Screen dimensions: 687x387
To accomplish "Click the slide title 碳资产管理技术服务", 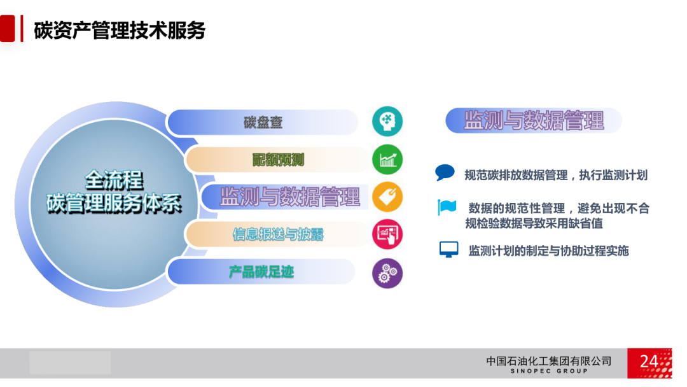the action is (120, 30).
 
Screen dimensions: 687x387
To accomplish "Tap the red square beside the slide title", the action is (7, 29).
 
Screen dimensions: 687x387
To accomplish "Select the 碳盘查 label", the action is (263, 122).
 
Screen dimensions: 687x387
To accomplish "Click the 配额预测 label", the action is (278, 160).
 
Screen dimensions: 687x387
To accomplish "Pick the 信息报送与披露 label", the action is (278, 234).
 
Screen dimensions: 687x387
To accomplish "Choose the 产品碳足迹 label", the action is (261, 272).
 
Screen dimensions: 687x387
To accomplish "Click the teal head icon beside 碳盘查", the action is (387, 122).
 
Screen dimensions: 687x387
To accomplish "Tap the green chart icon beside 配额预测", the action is (387, 160).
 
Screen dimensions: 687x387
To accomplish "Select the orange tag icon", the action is (387, 197).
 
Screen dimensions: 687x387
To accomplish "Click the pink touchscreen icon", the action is (387, 234).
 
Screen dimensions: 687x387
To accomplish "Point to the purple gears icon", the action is (387, 273).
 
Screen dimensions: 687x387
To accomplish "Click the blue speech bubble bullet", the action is (445, 172).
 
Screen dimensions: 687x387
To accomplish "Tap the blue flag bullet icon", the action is (447, 207).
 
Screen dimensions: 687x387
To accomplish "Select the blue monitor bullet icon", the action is (448, 250).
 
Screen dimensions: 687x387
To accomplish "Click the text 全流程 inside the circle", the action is (114, 179).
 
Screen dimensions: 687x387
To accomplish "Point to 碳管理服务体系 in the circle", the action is (114, 203).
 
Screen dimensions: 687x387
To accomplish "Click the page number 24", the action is (648, 362).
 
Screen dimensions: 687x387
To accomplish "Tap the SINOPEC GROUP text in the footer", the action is (549, 371).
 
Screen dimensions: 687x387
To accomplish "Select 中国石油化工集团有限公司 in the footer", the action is (549, 361).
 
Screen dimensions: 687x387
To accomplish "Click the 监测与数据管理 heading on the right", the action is (534, 120).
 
